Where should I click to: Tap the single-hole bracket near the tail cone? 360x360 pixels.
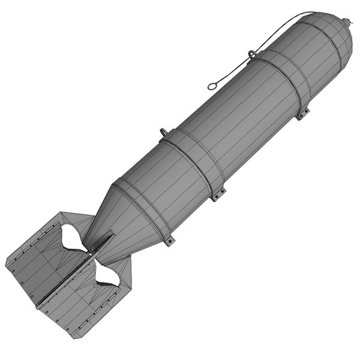(170, 241)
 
